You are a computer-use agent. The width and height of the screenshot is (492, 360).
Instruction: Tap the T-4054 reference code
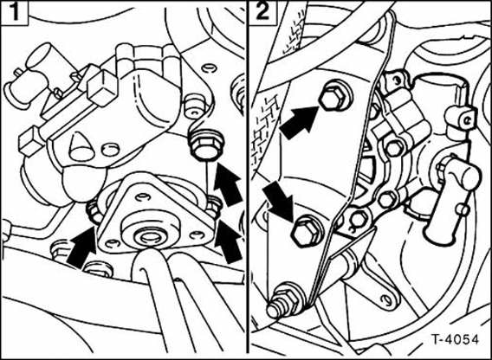pyautogui.click(x=450, y=339)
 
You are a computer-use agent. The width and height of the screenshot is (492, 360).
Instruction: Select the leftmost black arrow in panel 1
pyautogui.click(x=75, y=245)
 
